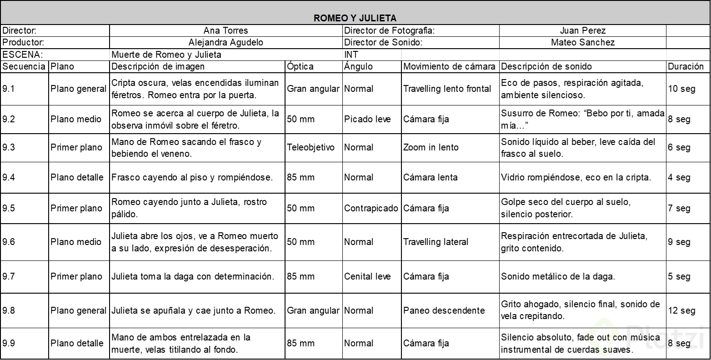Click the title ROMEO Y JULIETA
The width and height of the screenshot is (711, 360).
355,18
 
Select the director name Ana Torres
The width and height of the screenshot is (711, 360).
225,31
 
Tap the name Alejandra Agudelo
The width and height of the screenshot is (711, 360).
225,43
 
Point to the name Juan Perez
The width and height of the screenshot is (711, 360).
582,31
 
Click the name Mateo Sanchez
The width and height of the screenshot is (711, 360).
582,43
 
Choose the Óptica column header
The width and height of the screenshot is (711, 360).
300,66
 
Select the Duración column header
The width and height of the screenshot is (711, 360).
686,66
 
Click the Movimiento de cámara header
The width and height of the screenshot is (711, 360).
449,66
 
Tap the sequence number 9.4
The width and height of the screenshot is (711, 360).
9,177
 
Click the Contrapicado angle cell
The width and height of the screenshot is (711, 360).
371,208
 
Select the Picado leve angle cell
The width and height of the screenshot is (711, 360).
367,119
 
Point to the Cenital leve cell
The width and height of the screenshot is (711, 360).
367,276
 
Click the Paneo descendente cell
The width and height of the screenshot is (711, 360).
444,310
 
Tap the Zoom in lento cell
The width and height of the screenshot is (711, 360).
431,147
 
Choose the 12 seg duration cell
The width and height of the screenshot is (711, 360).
681,310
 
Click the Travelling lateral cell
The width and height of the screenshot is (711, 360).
436,242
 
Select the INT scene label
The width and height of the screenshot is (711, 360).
351,55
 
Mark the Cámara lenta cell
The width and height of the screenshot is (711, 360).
430,177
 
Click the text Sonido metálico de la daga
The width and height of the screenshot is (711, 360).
558,276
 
